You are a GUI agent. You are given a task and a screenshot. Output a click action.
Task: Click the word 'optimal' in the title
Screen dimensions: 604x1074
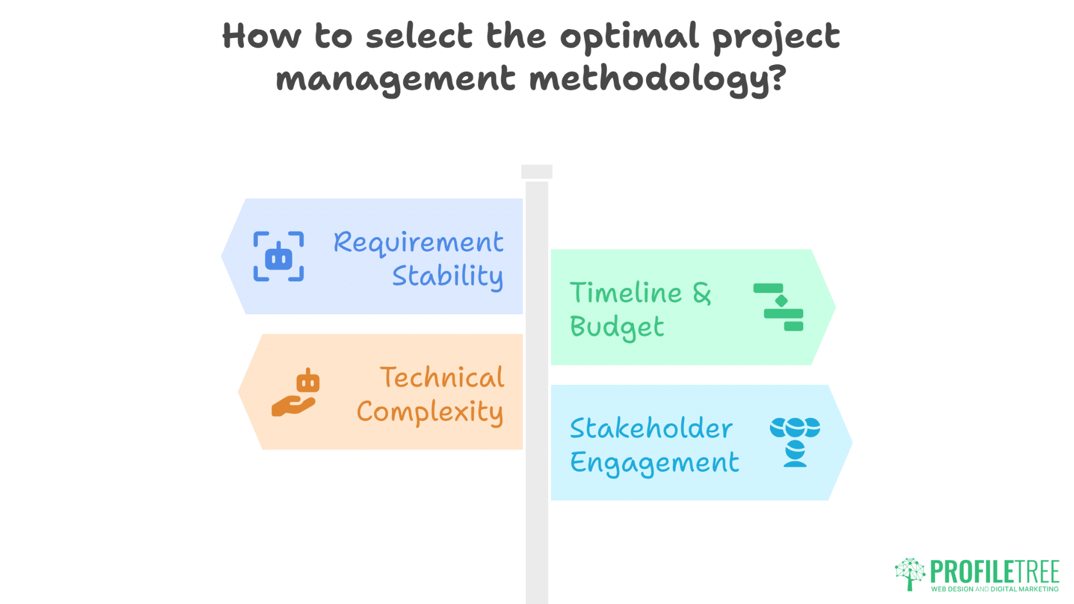pyautogui.click(x=629, y=37)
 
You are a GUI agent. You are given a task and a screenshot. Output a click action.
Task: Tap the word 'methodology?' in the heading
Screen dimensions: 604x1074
pyautogui.click(x=658, y=79)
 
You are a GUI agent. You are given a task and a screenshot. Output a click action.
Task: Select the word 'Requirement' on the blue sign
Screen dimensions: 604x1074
pyautogui.click(x=418, y=242)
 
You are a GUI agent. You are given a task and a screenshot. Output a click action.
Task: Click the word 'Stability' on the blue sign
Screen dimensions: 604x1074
pyautogui.click(x=447, y=276)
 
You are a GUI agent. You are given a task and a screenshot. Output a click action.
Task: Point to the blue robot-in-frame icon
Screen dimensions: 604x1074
pyautogui.click(x=279, y=257)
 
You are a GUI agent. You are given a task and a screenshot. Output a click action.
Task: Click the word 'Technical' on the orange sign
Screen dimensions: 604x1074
pyautogui.click(x=442, y=377)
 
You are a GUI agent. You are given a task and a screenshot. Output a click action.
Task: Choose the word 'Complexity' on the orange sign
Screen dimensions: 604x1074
pyautogui.click(x=430, y=412)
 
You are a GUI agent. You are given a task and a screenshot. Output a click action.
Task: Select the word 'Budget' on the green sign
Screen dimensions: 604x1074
pyautogui.click(x=617, y=327)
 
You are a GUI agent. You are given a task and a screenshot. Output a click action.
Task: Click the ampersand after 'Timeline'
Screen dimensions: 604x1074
pyautogui.click(x=702, y=293)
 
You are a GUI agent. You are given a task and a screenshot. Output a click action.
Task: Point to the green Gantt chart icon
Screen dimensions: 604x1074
pyautogui.click(x=779, y=307)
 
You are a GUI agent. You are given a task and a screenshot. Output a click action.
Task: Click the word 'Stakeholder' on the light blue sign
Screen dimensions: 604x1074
pyautogui.click(x=651, y=428)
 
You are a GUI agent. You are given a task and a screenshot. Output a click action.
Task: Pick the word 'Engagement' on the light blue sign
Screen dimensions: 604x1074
pyautogui.click(x=654, y=463)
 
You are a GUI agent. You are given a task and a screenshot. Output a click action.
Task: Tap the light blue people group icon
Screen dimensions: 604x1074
pyautogui.click(x=795, y=442)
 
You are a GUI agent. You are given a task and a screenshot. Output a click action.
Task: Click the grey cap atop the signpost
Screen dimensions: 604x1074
pyautogui.click(x=536, y=172)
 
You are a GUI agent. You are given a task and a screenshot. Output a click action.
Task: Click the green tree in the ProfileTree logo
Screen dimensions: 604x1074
pyautogui.click(x=910, y=574)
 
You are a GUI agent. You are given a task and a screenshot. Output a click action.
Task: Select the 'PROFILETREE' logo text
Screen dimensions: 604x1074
pyautogui.click(x=995, y=572)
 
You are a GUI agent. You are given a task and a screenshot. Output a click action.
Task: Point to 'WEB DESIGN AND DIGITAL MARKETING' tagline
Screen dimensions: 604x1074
pyautogui.click(x=995, y=589)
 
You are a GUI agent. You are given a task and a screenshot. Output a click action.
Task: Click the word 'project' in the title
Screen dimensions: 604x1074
pyautogui.click(x=775, y=37)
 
